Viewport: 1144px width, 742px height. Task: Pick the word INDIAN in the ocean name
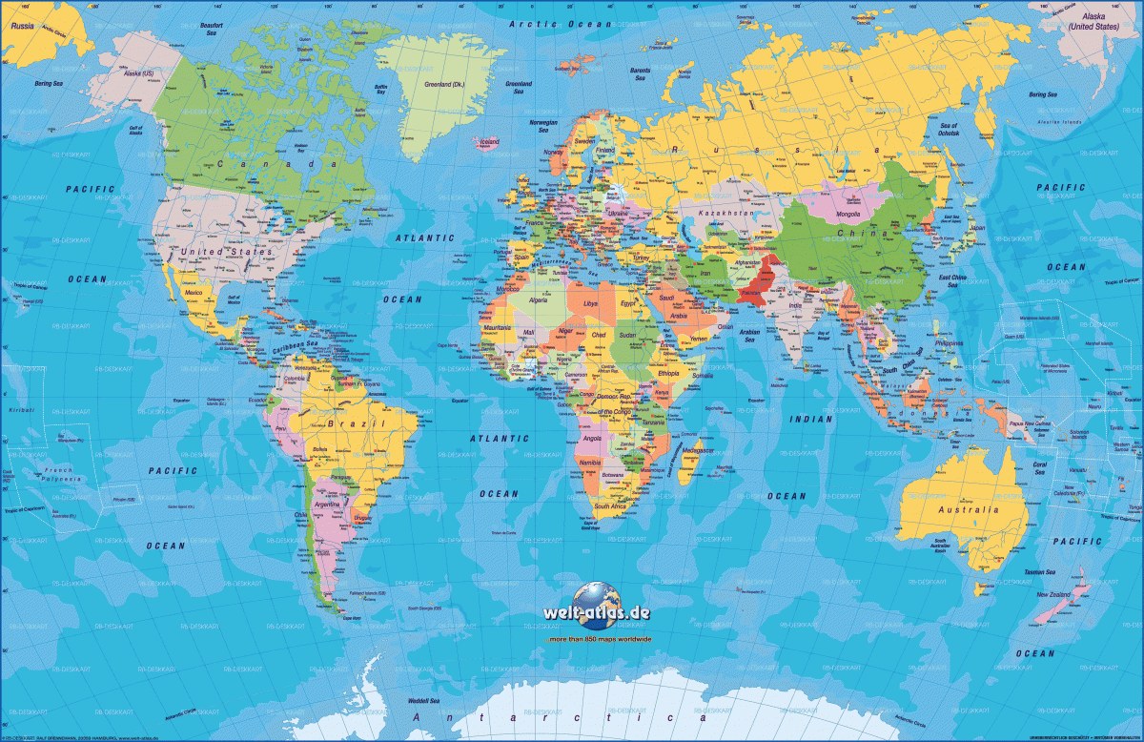(811, 419)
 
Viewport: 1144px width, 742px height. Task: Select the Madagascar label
(699, 450)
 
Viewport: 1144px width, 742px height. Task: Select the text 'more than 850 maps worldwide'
(600, 638)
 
